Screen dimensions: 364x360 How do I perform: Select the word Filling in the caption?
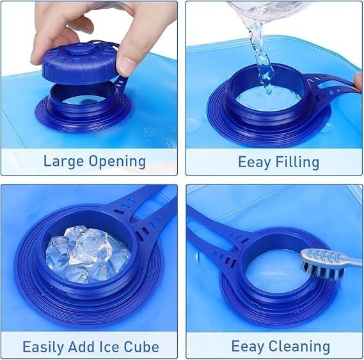tap(297, 162)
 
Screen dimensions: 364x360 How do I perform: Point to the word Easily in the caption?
tap(43, 347)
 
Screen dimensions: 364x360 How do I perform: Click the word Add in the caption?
tap(81, 347)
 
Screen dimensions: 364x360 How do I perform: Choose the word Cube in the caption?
tap(141, 347)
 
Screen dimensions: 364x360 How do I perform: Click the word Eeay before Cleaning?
tap(248, 347)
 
